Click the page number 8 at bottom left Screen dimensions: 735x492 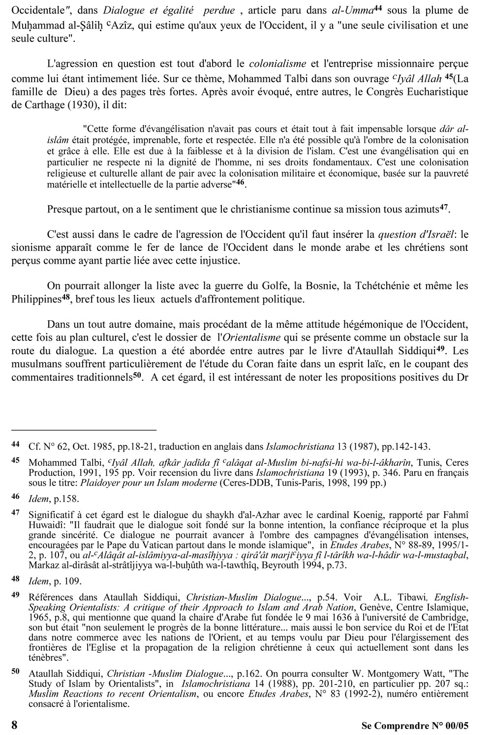pos(15,724)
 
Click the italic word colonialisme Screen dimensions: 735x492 pos(278,64)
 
